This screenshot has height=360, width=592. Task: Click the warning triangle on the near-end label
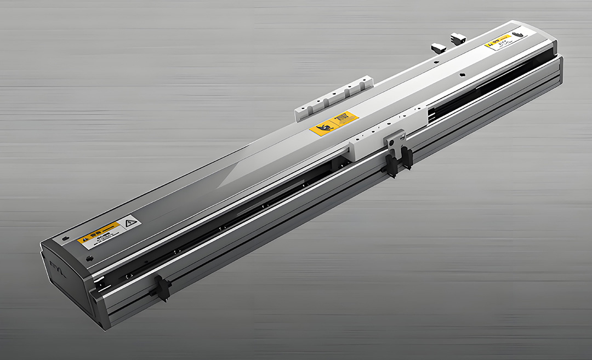point(130,223)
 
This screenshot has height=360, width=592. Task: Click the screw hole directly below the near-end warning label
point(90,258)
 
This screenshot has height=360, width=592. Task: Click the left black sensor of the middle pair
point(391,164)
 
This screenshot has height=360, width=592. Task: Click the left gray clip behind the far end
point(438,47)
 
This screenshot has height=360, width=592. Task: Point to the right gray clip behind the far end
point(458,38)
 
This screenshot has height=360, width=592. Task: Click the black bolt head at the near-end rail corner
point(100,283)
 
